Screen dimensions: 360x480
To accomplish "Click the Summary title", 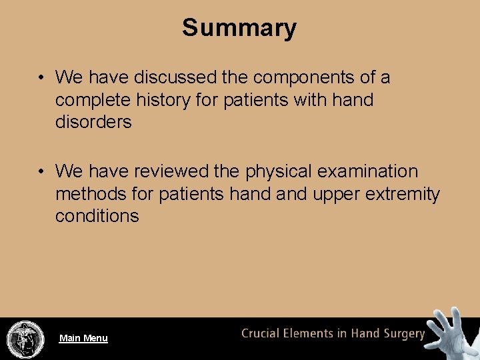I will coord(239,28).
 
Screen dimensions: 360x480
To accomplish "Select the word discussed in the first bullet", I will coord(176,77).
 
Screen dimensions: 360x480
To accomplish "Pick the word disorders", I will coord(93,122).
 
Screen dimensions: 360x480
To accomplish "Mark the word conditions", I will coord(97,216).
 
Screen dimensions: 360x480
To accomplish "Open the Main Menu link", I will coord(83,338).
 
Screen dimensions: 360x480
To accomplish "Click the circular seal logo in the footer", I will coord(25,338).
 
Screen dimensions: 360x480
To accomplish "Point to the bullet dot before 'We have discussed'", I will coord(41,78).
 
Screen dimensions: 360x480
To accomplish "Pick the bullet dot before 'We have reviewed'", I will coord(41,172).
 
